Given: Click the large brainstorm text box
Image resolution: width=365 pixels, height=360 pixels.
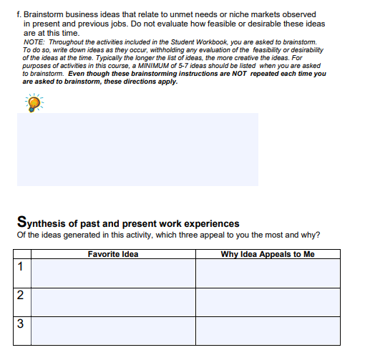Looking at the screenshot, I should (137, 149).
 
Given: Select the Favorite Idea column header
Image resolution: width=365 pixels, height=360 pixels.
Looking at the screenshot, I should (113, 254).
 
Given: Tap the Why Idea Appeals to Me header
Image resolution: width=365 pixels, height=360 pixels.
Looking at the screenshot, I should (268, 254).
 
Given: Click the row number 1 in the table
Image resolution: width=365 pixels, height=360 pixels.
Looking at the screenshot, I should (21, 268).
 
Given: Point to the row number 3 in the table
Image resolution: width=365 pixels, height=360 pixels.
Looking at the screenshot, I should (21, 324).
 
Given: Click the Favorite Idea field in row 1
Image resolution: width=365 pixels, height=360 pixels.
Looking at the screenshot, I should (113, 273).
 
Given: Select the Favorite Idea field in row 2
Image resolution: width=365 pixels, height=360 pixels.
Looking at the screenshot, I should (113, 301).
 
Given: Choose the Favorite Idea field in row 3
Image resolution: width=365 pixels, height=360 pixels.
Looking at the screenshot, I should (113, 330).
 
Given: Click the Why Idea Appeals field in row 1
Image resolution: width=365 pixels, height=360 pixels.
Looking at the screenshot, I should (268, 273).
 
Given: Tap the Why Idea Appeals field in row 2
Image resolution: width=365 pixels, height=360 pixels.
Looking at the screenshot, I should (268, 301).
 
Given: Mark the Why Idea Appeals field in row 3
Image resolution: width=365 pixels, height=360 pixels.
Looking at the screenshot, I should (268, 330).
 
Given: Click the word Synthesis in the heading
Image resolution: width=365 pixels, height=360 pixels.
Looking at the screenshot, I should (41, 223).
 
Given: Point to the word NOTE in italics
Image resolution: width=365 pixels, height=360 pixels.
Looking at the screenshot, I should (33, 42).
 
